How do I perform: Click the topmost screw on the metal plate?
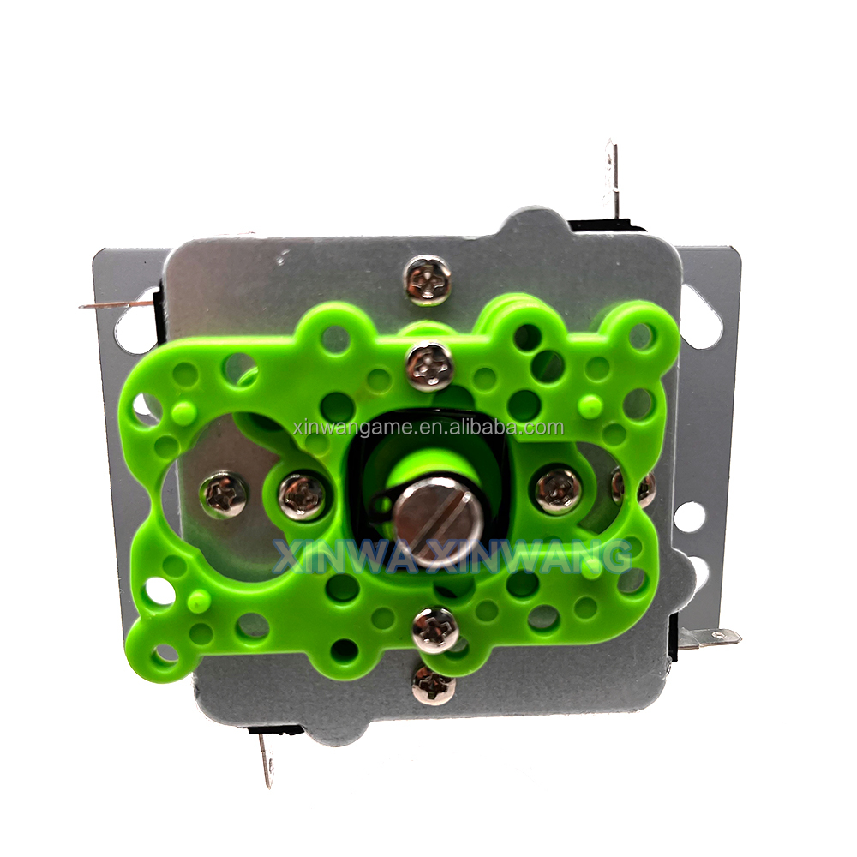click(428, 281)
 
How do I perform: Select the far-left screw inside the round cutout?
click(223, 495)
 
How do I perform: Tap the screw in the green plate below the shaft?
click(435, 628)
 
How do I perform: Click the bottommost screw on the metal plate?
click(434, 683)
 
